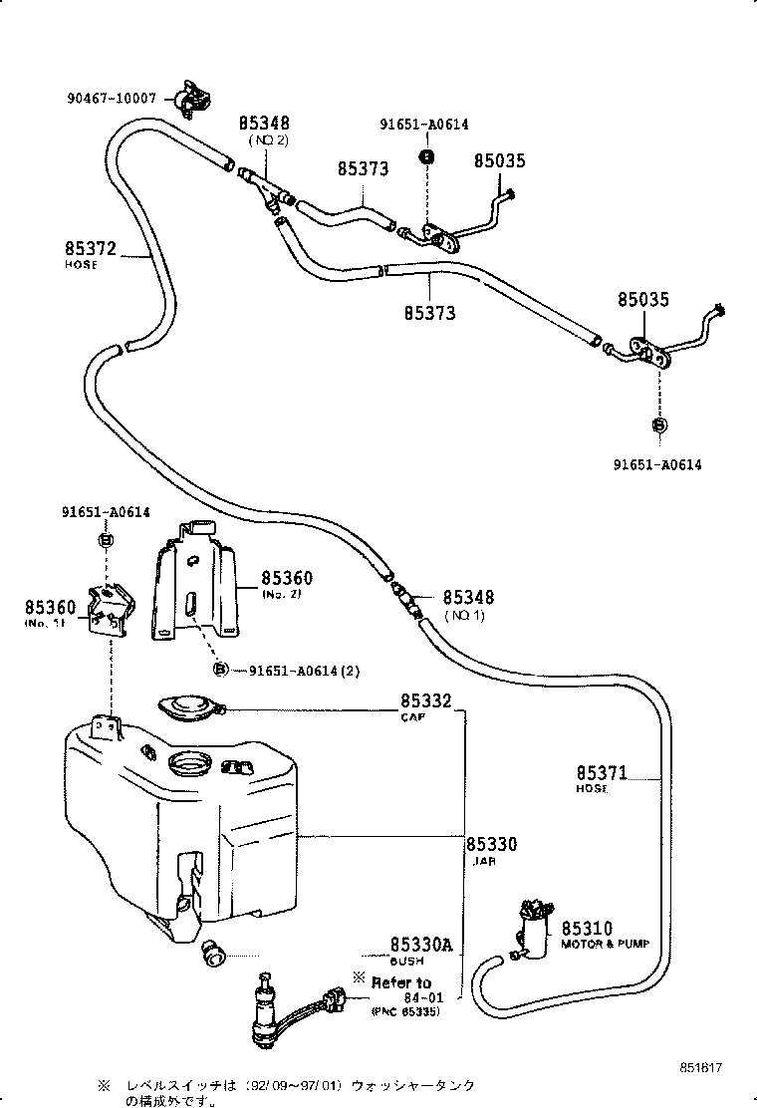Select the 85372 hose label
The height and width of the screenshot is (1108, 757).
[x=93, y=256]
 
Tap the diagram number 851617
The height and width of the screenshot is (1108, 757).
[x=701, y=1068]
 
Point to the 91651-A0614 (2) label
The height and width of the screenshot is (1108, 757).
[x=304, y=670]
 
